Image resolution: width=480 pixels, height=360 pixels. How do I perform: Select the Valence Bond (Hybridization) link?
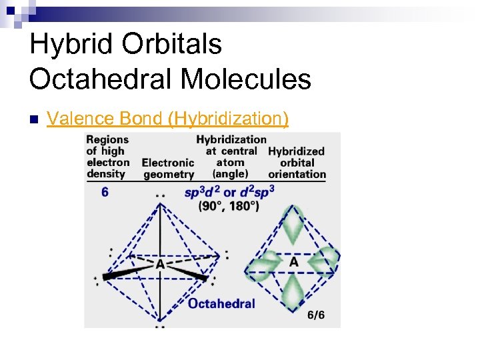point(167,119)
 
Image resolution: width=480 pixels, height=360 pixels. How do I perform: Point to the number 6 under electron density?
point(105,192)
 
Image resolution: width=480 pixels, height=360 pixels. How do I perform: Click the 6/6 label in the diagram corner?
point(316,315)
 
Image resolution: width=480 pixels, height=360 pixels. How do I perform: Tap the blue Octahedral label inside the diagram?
point(221,303)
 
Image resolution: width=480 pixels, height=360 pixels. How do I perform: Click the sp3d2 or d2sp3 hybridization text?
point(229,192)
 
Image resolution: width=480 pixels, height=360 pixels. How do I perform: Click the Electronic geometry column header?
point(169,168)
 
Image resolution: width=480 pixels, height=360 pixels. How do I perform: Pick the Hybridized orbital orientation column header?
point(297,163)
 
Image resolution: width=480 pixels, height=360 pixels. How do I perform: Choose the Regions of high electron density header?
point(107,157)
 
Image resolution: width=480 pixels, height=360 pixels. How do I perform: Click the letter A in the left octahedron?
point(160,265)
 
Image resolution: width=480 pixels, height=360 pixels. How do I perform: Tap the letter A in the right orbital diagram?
point(293,262)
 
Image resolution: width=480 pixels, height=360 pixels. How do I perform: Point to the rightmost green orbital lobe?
point(326,261)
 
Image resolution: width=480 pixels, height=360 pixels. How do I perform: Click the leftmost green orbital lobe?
point(262,265)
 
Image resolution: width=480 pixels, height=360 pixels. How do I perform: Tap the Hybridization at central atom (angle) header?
point(231,157)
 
